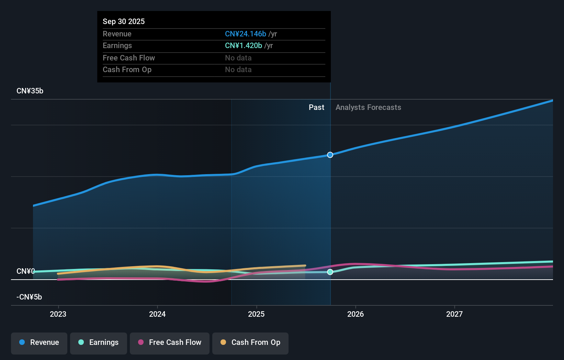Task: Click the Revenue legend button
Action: point(39,343)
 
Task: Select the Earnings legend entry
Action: point(99,343)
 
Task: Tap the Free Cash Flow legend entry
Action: point(170,343)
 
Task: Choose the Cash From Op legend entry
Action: point(250,343)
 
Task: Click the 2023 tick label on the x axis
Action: point(58,314)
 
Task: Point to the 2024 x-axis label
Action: point(157,314)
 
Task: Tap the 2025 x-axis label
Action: point(256,314)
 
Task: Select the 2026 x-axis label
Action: point(356,314)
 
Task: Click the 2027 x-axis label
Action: point(454,314)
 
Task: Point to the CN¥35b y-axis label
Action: point(30,91)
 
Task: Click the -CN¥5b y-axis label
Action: point(29,297)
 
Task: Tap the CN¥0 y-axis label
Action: point(26,271)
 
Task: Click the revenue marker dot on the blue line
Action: point(330,155)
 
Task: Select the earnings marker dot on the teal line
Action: point(330,272)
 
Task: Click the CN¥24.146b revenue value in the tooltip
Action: point(246,34)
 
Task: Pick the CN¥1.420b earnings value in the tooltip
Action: point(244,46)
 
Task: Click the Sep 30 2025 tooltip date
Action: point(124,22)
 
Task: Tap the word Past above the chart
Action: point(316,108)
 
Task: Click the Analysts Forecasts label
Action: point(368,108)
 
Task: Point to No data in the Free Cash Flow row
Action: point(238,58)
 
